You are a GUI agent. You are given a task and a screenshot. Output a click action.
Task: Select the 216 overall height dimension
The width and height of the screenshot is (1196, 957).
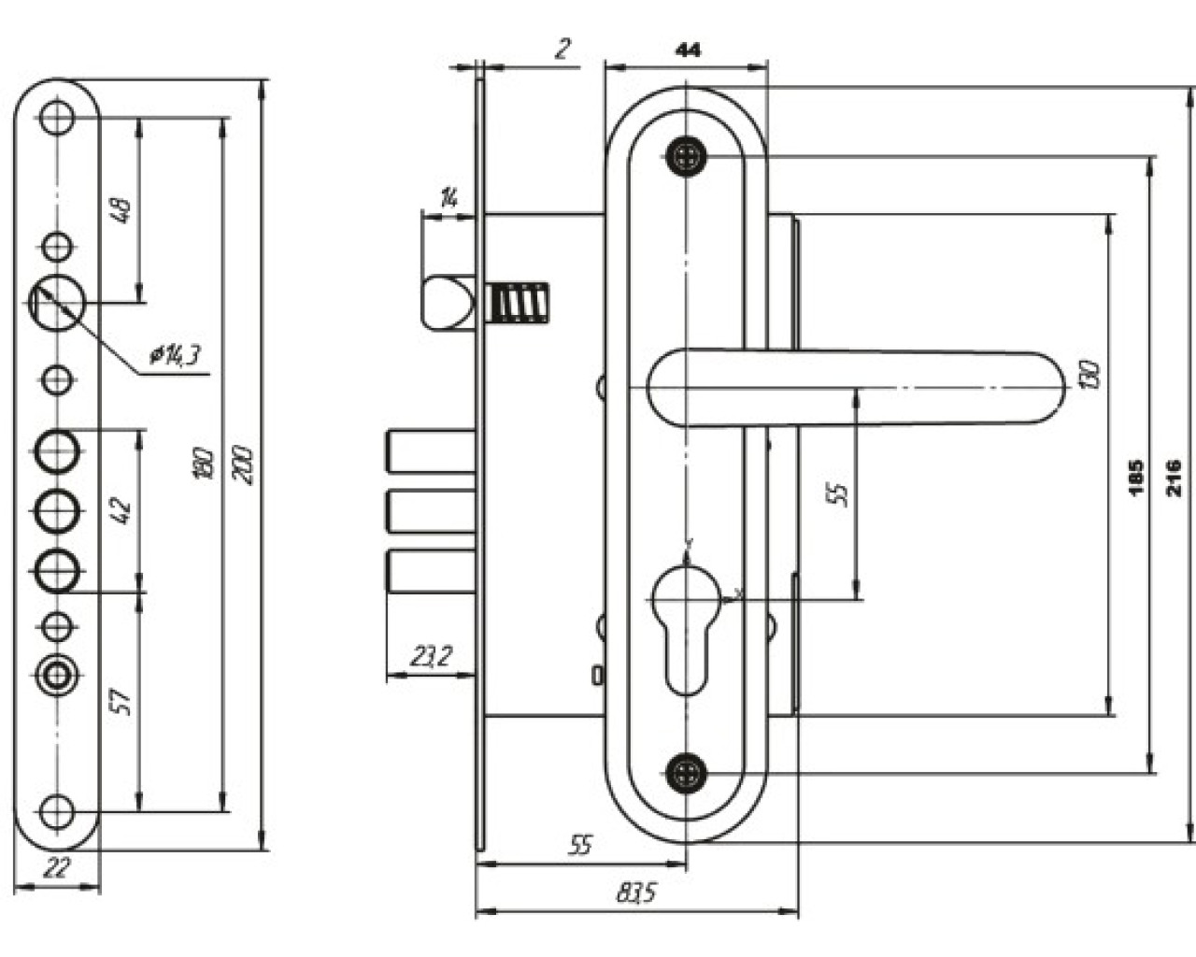click(1175, 477)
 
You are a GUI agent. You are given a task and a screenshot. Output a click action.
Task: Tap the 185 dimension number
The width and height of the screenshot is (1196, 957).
click(1136, 477)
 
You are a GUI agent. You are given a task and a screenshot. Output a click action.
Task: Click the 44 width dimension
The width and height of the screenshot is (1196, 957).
click(687, 50)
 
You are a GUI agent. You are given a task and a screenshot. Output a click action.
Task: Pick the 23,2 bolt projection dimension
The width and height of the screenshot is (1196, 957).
click(431, 657)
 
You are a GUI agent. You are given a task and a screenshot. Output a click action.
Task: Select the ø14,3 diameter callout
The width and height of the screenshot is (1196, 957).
click(176, 355)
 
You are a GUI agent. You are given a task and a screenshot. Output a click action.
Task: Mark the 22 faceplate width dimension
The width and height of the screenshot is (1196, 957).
click(57, 868)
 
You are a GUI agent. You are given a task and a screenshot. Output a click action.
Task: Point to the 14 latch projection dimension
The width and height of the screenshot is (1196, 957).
click(449, 197)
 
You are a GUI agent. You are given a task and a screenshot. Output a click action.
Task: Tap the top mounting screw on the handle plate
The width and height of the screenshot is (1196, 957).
click(687, 156)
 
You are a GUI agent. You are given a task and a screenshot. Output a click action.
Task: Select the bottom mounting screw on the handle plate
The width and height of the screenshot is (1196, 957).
click(687, 772)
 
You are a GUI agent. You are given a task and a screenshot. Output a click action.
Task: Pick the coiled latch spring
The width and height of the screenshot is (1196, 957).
click(518, 303)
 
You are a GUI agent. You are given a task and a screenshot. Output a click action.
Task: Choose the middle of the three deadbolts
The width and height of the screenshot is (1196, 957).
click(428, 514)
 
